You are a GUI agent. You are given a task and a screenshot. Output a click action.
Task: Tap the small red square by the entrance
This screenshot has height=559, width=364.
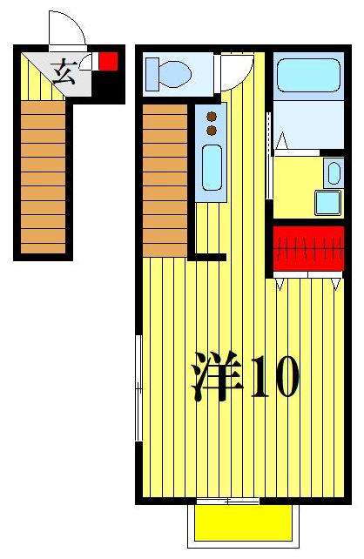coord(108,61)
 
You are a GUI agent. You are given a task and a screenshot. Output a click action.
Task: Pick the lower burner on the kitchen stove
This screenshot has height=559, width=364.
coord(210,130)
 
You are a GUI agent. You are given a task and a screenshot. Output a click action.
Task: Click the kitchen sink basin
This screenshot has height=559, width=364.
coord(211,170)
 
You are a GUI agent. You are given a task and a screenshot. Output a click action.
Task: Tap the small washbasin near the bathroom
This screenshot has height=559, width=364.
coord(333,172)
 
